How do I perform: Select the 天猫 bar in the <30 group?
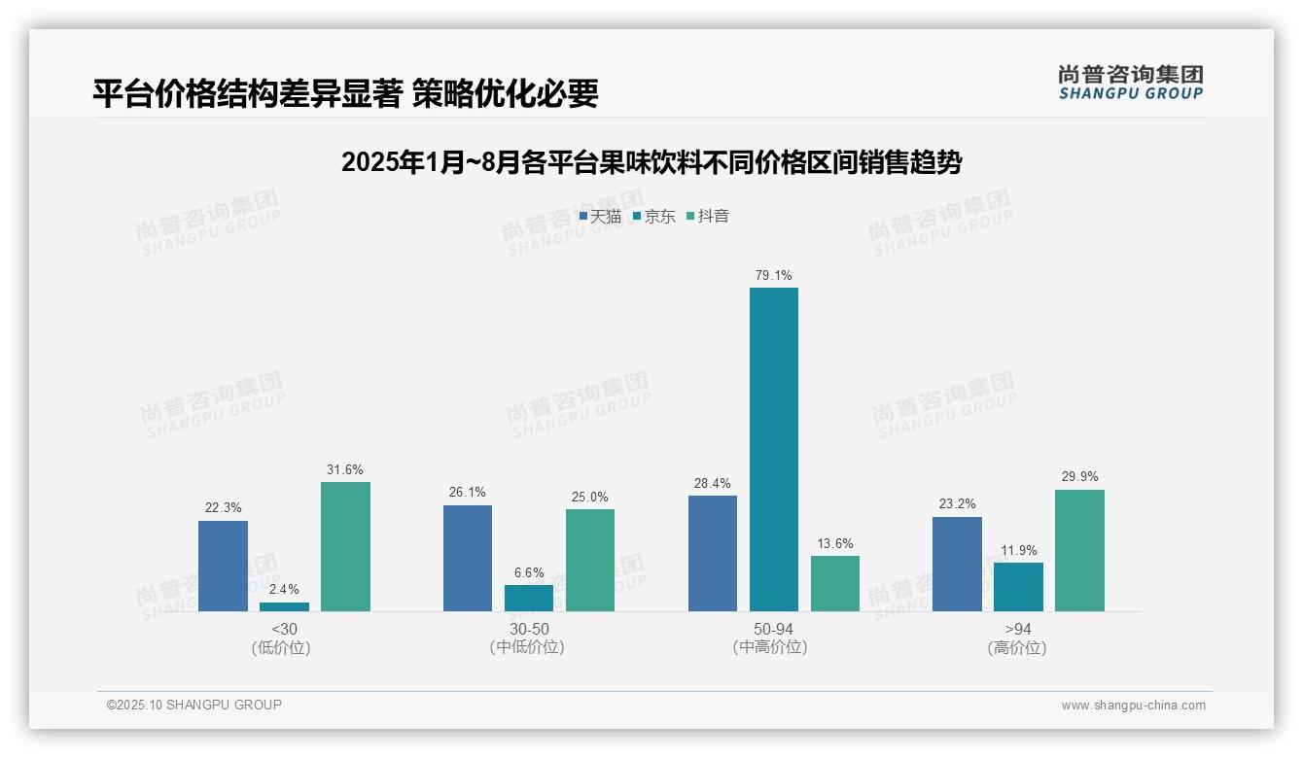click(223, 566)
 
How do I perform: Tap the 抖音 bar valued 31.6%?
click(345, 546)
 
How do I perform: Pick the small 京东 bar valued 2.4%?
click(284, 606)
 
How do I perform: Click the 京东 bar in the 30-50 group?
click(528, 598)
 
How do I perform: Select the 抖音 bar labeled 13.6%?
click(834, 583)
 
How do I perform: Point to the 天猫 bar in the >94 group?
click(957, 564)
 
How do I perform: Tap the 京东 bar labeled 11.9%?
click(1018, 587)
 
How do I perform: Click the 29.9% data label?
click(1079, 476)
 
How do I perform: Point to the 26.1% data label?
click(468, 492)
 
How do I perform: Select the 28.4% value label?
click(712, 483)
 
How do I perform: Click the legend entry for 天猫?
click(600, 216)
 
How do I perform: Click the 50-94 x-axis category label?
click(773, 629)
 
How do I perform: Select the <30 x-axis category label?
click(284, 629)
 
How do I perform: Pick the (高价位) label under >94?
click(1017, 647)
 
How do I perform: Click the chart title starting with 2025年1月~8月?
click(651, 162)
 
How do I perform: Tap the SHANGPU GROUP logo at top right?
click(1130, 83)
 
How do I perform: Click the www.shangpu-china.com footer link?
click(1133, 706)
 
